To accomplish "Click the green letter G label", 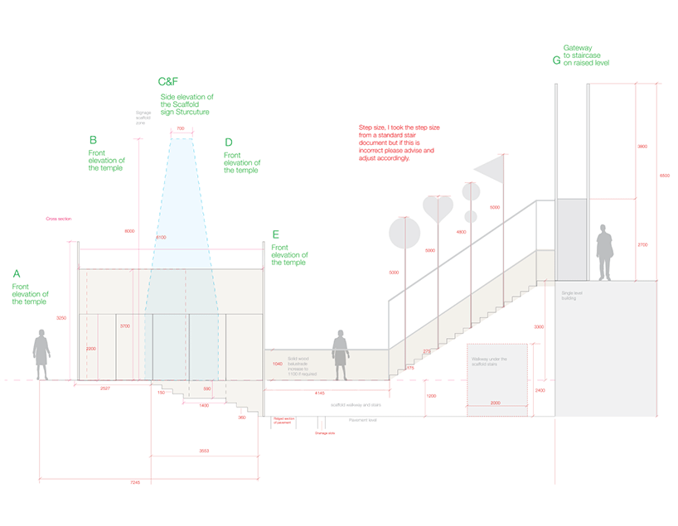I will pos(556,60).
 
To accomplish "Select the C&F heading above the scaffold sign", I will pos(167,82).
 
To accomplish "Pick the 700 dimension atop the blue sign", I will pos(181,129).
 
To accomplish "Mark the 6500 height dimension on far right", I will pos(664,176).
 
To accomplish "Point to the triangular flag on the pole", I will pos(490,168).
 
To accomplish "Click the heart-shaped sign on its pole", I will pos(438,207).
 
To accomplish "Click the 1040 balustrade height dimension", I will pos(278,363).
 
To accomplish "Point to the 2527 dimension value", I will pos(106,388).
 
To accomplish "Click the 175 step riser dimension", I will pos(409,368).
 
